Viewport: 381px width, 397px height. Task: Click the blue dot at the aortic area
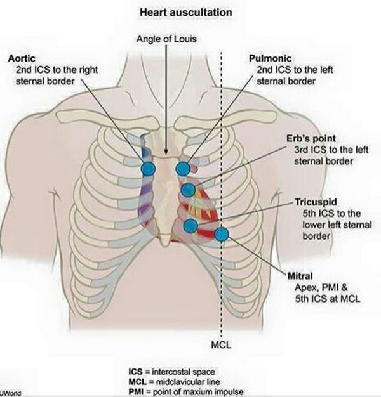point(148,168)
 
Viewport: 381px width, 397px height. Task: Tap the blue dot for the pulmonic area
point(183,168)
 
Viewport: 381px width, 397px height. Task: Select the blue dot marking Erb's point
point(189,190)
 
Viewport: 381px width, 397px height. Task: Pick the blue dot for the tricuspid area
point(190,226)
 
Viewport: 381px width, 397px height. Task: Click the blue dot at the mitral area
point(222,234)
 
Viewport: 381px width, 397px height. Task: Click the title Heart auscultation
point(186,13)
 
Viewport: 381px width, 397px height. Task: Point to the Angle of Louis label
point(166,39)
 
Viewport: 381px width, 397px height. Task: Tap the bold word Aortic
point(22,58)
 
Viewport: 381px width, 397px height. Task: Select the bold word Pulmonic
point(271,58)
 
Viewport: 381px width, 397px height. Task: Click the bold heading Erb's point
point(311,138)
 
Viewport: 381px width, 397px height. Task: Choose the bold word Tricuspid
point(316,202)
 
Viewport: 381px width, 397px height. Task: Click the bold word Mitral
point(300,276)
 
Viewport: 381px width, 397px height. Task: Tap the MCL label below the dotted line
point(221,344)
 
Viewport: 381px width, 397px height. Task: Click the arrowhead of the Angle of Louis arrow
point(166,152)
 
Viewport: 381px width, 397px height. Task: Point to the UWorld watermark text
point(11,393)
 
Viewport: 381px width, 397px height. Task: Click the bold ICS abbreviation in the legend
point(136,372)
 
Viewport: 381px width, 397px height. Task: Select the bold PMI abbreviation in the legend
point(136,392)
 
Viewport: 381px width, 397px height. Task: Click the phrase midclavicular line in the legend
point(188,382)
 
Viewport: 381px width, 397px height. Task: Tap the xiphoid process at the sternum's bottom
point(165,240)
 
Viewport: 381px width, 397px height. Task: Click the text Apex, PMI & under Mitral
point(321,287)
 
